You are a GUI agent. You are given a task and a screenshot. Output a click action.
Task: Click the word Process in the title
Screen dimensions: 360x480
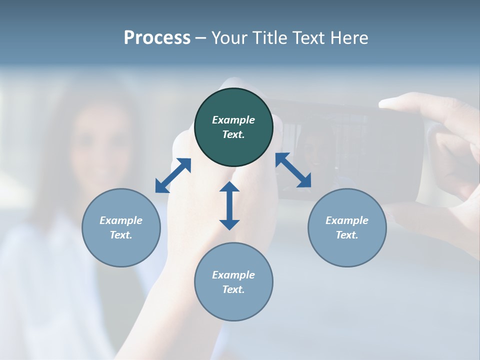tap(157, 37)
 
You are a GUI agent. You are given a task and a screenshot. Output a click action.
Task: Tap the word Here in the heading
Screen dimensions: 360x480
tap(349, 37)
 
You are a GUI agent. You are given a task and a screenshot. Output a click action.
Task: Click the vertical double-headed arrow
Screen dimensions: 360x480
tap(229, 205)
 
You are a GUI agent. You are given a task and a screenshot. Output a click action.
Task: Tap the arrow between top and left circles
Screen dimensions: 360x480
tap(173, 175)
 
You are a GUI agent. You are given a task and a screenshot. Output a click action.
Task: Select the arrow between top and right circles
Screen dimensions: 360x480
tap(293, 170)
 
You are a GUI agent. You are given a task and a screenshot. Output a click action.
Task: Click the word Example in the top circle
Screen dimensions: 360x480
tap(233, 120)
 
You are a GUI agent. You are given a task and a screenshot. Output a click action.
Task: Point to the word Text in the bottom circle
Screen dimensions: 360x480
tap(233, 289)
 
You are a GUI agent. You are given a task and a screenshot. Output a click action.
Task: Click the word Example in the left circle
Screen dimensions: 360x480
tap(121, 220)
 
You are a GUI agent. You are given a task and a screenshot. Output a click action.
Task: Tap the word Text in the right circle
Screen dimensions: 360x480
tap(347, 235)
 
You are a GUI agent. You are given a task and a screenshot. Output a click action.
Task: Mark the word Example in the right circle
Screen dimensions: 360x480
tap(347, 220)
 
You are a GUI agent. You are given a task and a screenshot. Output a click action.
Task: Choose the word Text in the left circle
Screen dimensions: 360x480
tap(121, 235)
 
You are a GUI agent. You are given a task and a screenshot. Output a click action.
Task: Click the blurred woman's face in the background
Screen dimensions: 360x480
tap(102, 145)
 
